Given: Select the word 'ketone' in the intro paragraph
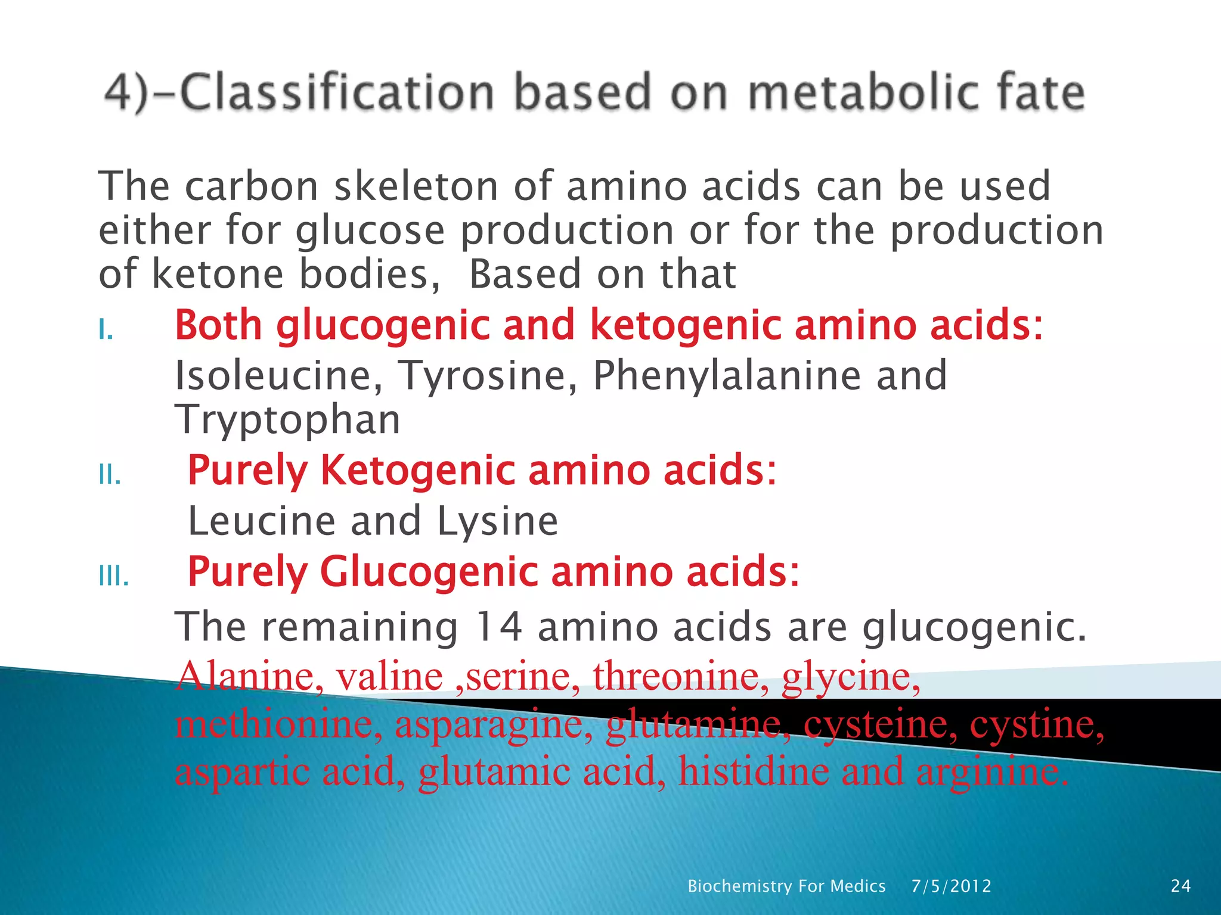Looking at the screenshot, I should click(x=218, y=274).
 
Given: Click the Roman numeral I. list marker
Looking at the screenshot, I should click(x=106, y=329).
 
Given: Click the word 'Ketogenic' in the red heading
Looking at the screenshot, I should click(x=417, y=470).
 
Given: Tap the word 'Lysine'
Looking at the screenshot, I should click(x=497, y=521).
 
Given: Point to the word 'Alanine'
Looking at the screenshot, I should click(x=250, y=677).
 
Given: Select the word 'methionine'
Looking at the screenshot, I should click(x=278, y=724).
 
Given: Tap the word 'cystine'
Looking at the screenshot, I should click(x=1037, y=724).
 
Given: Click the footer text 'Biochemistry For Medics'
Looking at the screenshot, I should click(x=786, y=886).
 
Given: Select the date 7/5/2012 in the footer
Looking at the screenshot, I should click(x=952, y=886).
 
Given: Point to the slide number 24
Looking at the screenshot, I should click(x=1181, y=886).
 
